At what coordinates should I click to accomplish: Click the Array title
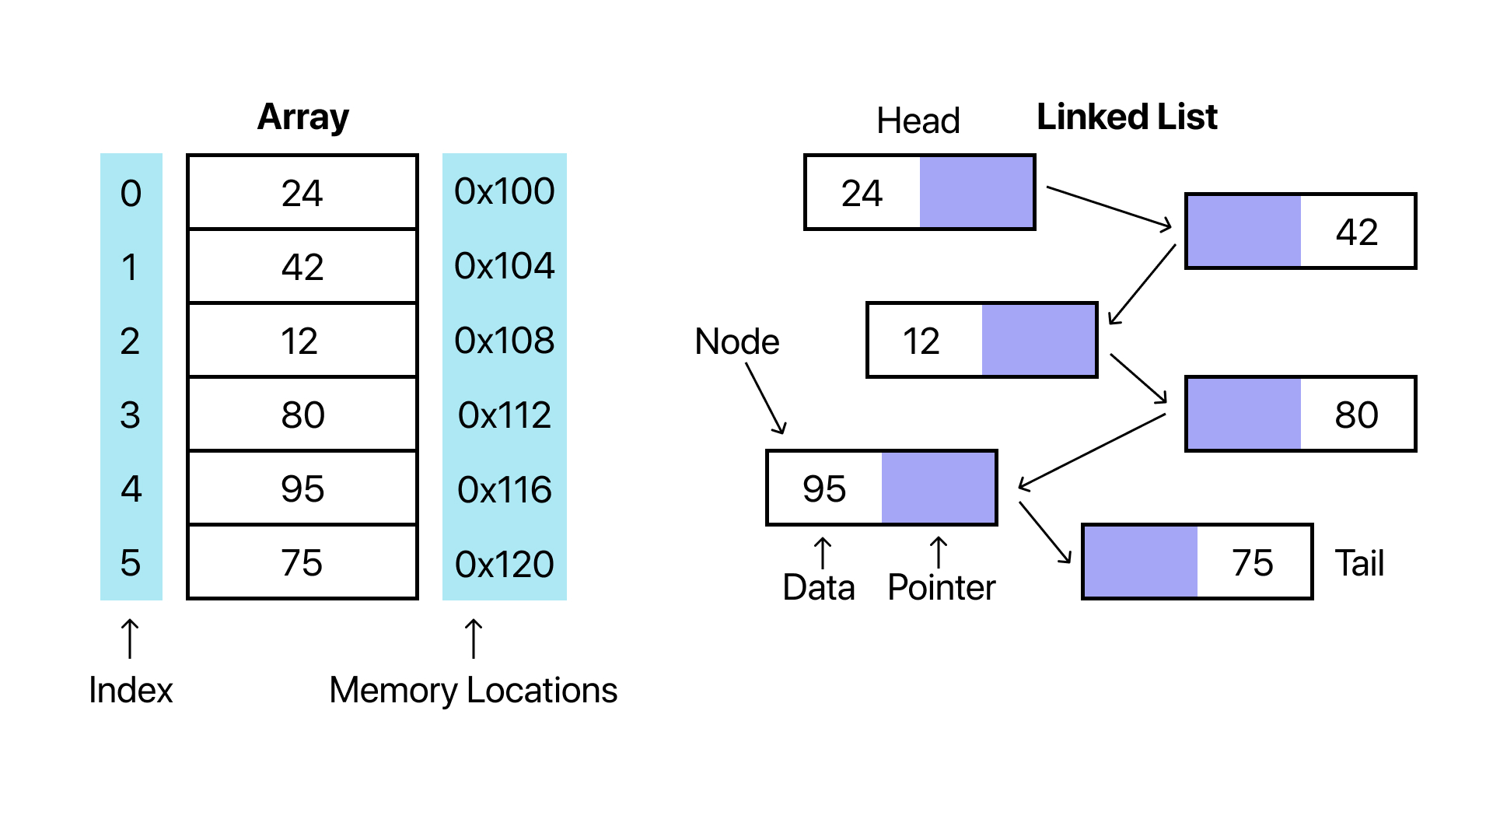302,117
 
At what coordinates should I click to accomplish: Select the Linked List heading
1127,117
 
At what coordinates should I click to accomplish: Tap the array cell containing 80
302,415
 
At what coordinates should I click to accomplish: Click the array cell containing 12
302,341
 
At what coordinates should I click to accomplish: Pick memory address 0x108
504,341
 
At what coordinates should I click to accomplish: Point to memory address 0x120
504,564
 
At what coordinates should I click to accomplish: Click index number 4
131,489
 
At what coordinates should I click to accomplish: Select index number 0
131,193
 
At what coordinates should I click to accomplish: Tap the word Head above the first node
918,121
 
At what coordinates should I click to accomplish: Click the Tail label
1359,563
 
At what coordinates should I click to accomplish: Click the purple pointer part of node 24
977,192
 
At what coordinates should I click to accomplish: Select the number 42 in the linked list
1357,232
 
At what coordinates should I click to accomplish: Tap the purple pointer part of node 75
1140,562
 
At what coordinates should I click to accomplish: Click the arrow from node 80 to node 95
1092,451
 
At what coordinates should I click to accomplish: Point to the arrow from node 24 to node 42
1109,207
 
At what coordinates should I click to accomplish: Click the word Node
736,341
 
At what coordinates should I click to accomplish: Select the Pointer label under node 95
941,587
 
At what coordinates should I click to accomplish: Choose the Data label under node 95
818,587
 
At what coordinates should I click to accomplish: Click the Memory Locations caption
473,690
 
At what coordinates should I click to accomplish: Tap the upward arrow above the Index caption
131,638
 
